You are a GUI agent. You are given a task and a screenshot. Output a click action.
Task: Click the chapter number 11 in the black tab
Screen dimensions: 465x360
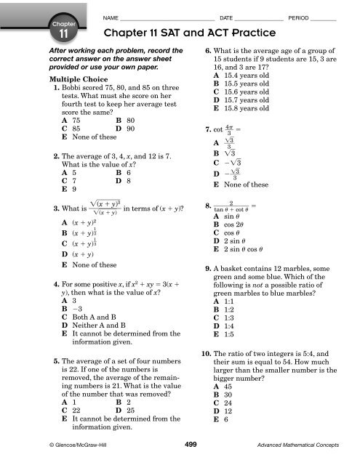point(63,33)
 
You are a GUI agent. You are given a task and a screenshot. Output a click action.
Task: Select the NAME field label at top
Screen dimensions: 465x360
point(111,16)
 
